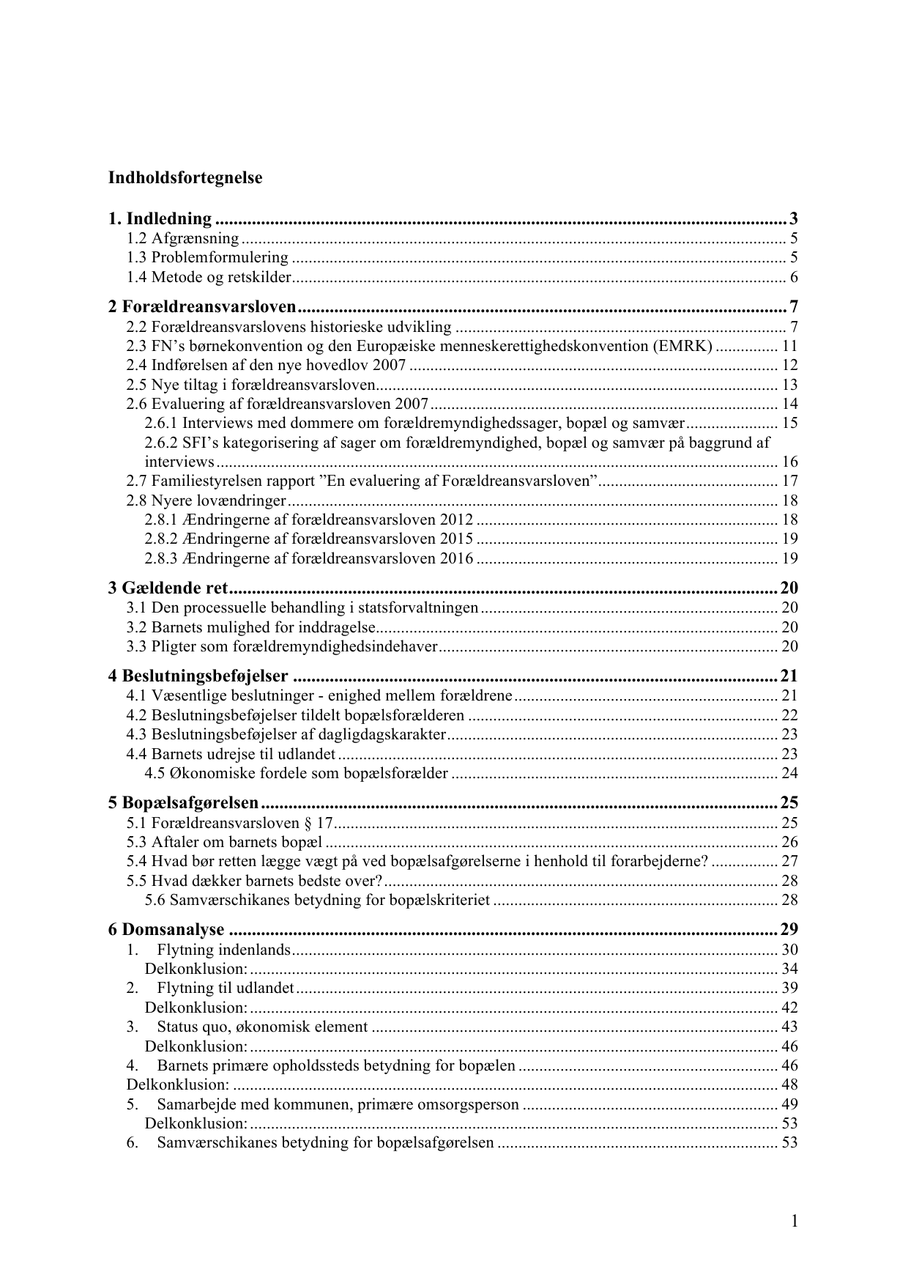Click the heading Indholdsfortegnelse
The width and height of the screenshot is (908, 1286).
click(185, 177)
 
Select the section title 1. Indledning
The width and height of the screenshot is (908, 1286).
click(160, 218)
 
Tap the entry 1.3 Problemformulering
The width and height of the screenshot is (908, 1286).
click(207, 257)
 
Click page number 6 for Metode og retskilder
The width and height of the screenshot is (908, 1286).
click(793, 277)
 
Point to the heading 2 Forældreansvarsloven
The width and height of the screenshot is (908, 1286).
click(202, 306)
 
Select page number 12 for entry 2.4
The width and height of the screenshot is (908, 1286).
click(789, 365)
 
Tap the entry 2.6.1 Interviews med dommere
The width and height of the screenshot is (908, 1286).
click(414, 423)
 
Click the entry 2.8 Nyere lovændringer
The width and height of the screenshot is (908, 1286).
click(206, 500)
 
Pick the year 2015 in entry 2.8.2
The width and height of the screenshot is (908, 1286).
click(456, 539)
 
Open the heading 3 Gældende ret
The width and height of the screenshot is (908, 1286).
click(168, 588)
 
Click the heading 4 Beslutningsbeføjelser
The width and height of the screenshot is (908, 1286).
click(198, 676)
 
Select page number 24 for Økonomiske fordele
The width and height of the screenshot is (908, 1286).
click(789, 773)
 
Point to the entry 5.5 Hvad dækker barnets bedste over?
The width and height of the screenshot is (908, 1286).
click(254, 880)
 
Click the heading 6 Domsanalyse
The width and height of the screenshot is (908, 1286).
click(166, 930)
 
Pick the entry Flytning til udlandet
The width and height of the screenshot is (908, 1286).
click(225, 988)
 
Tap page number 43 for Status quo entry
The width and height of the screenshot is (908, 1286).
click(789, 1027)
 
